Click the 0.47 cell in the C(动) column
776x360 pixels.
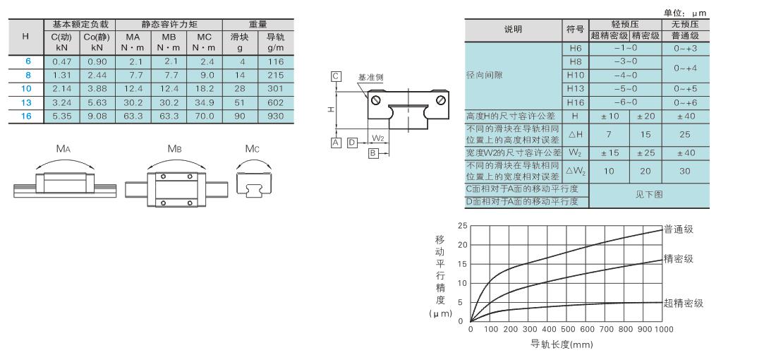(62, 62)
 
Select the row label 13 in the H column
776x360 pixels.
(26, 102)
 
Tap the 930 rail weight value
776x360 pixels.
(275, 116)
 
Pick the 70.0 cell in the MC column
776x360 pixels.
(205, 116)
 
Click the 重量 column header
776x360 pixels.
(257, 24)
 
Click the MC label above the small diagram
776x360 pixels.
(252, 148)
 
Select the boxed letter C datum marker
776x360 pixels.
(336, 76)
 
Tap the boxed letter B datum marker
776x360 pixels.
(373, 153)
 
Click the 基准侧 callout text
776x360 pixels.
(370, 77)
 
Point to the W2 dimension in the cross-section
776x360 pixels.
(377, 137)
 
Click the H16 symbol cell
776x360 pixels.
(574, 102)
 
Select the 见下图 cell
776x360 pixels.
(649, 195)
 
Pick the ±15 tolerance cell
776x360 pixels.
(609, 153)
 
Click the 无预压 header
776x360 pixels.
(685, 24)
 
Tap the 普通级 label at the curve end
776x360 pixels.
(678, 229)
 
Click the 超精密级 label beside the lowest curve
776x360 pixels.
(683, 303)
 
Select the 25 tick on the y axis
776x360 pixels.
(462, 226)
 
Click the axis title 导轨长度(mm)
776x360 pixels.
(562, 344)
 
